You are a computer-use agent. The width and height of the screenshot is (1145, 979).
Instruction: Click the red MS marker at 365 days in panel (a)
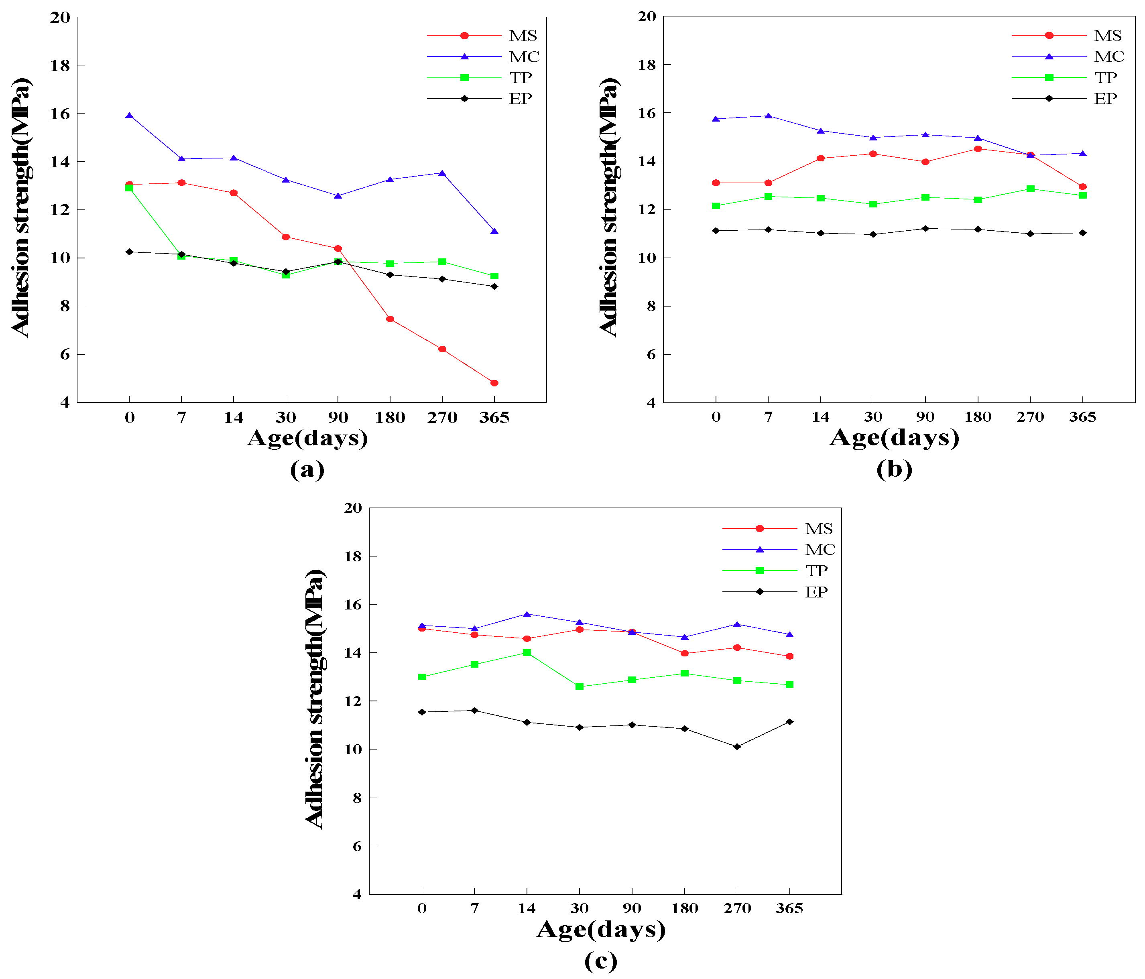(494, 383)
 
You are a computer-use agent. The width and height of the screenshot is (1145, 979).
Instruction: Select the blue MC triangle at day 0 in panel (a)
(129, 116)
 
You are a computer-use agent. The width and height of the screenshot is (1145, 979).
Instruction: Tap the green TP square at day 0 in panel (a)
(129, 188)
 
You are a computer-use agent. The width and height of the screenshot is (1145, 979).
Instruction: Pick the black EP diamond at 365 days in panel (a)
(494, 286)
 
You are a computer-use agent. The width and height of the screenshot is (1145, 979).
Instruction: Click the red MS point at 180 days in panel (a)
(390, 319)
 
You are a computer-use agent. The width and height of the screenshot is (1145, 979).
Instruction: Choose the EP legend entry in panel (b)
(1105, 99)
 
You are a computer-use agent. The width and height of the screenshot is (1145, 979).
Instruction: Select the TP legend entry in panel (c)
(816, 570)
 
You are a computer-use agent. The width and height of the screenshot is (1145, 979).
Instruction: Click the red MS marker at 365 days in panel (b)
(1082, 187)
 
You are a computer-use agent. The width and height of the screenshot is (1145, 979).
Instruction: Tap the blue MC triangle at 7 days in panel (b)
(768, 116)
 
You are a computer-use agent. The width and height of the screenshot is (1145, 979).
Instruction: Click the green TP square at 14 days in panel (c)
(527, 652)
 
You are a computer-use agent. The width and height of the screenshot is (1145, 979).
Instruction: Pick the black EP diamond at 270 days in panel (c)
(736, 746)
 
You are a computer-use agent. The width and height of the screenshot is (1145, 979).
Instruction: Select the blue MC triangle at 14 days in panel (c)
(527, 614)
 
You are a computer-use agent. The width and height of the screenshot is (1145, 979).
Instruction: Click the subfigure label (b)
(893, 469)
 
